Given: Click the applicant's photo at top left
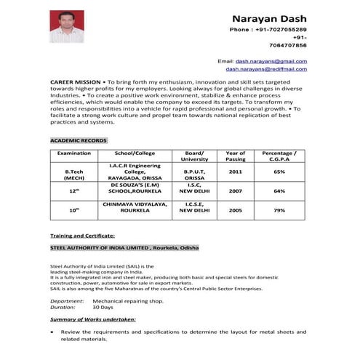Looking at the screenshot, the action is (x=65, y=26).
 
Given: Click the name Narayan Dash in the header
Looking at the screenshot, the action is (x=270, y=17).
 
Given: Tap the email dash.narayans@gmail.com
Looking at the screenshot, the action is (x=271, y=61).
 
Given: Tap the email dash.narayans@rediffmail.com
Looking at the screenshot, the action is (x=265, y=69).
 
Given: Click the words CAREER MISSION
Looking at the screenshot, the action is (x=76, y=83).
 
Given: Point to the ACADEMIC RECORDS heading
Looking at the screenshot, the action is (x=79, y=140).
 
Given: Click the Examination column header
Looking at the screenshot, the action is (x=73, y=153).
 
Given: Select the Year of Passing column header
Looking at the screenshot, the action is (x=236, y=156).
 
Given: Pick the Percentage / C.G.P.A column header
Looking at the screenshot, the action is (x=279, y=156).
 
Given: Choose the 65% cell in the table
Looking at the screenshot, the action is (x=279, y=172).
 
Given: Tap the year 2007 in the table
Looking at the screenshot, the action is (x=236, y=191).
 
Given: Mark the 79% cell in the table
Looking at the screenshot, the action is (x=279, y=209).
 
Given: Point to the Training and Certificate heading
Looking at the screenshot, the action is (x=82, y=236).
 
